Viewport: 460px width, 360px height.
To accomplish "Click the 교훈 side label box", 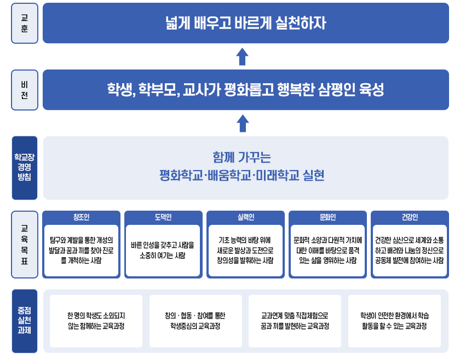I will pyautogui.click(x=25, y=23).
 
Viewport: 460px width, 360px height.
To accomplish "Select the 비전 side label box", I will pyautogui.click(x=25, y=90).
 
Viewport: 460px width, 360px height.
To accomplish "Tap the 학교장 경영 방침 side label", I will pyautogui.click(x=25, y=168).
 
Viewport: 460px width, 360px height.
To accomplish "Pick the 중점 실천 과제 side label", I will pyautogui.click(x=25, y=321).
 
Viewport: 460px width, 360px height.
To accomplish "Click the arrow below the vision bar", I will pyautogui.click(x=243, y=123).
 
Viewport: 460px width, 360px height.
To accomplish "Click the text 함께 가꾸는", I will pyautogui.click(x=242, y=157).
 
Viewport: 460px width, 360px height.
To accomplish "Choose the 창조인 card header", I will pyautogui.click(x=81, y=217).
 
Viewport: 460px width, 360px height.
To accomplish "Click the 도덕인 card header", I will pyautogui.click(x=163, y=217).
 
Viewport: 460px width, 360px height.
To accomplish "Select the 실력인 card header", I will pyautogui.click(x=245, y=217).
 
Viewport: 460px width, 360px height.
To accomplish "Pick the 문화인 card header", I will pyautogui.click(x=327, y=217).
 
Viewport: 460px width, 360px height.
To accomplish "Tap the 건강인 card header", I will pyautogui.click(x=409, y=217).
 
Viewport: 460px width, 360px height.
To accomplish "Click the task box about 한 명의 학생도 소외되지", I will pyautogui.click(x=96, y=321).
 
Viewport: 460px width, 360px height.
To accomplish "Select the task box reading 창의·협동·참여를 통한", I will pyautogui.click(x=195, y=321).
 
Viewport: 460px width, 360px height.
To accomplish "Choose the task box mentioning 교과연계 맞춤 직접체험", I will pyautogui.click(x=295, y=321).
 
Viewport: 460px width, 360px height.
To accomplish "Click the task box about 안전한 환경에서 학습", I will pyautogui.click(x=394, y=321).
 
